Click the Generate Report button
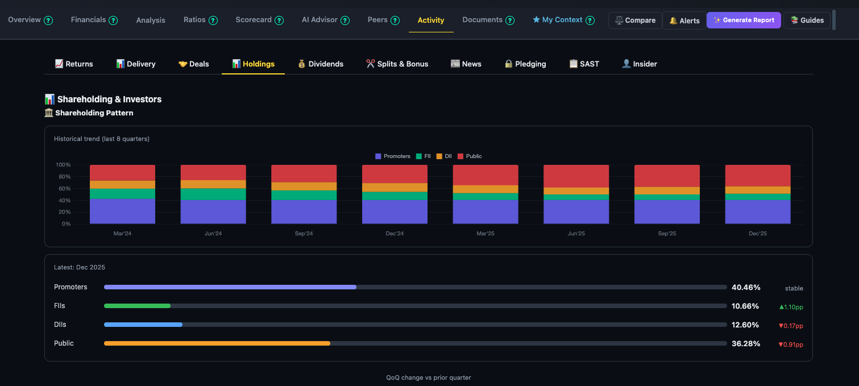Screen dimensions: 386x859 tap(744, 20)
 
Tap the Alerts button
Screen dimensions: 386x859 tap(684, 20)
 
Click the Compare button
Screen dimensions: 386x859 tap(635, 20)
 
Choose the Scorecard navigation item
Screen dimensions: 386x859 tap(254, 20)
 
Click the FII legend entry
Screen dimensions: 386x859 tap(424, 156)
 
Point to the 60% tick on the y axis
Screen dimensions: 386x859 tap(63, 189)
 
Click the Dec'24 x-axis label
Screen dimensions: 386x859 tap(395, 234)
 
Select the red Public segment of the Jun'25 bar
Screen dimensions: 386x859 tap(576, 176)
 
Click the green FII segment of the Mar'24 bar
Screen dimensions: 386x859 tap(122, 193)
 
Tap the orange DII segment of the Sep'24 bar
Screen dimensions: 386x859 tap(304, 186)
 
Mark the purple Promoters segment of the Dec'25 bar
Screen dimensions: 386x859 tap(757, 211)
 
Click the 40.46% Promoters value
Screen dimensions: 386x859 tap(746, 288)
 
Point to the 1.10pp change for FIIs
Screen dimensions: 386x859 tap(791, 307)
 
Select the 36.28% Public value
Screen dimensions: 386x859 tap(746, 344)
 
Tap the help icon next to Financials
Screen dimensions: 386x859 tap(113, 20)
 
